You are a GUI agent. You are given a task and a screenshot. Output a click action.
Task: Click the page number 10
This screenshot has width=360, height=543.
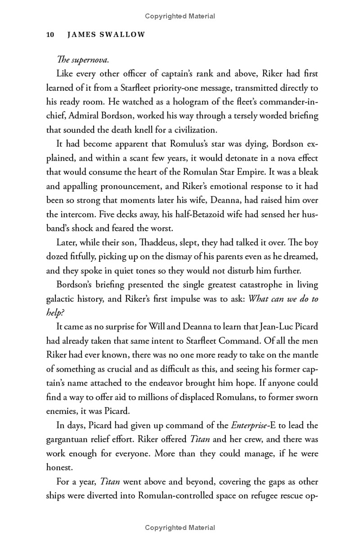pos(50,35)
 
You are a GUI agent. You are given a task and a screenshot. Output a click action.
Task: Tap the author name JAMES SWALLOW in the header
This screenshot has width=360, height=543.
pos(106,35)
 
